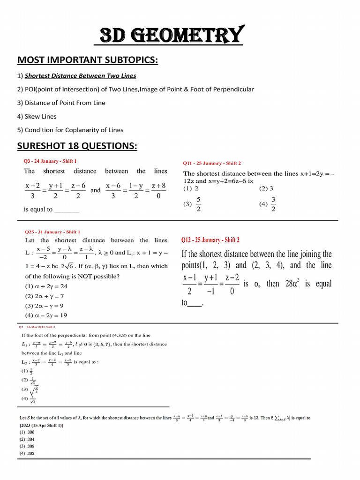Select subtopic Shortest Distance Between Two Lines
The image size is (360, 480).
tap(80, 75)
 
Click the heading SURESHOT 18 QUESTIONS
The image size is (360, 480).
tap(77, 146)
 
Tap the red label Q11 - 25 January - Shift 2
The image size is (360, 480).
tap(212, 163)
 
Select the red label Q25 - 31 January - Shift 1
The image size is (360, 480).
tap(52, 232)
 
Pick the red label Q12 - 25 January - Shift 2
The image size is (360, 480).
tap(210, 240)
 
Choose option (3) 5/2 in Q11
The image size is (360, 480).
tap(193, 204)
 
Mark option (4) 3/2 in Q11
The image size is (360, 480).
tap(268, 204)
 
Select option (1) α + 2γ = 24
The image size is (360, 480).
tap(46, 286)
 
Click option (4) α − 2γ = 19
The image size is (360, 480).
tap(46, 315)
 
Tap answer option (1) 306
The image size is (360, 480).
tap(27, 432)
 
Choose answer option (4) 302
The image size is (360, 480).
tap(27, 453)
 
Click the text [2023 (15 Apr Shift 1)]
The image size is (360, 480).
tap(41, 425)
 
